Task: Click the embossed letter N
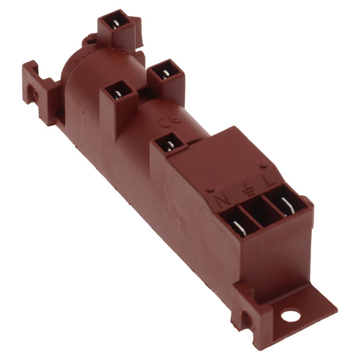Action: pyautogui.click(x=222, y=200)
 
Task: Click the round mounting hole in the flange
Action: pyautogui.click(x=291, y=315)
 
